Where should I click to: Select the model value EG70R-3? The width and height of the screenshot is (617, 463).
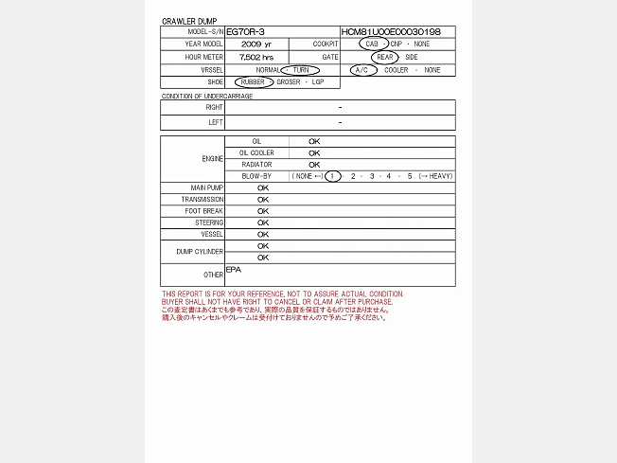[x=246, y=32]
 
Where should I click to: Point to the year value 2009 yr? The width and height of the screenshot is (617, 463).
[x=256, y=45]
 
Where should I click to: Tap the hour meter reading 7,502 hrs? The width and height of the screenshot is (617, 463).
[x=256, y=57]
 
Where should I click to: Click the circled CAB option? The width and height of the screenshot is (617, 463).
[x=374, y=45]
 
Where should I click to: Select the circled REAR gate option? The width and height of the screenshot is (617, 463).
[x=384, y=57]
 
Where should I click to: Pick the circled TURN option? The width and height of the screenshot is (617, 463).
[x=300, y=70]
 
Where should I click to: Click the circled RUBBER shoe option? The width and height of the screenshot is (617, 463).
[x=253, y=82]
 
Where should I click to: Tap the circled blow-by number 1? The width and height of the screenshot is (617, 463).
[x=332, y=176]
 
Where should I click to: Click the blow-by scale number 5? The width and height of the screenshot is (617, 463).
[x=410, y=176]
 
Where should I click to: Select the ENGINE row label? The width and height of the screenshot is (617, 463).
[x=213, y=158]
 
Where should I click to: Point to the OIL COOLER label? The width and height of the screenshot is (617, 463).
[x=256, y=152]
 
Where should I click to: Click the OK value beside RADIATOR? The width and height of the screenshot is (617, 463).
[x=314, y=165]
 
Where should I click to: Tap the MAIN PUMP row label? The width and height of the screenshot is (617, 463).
[x=207, y=187]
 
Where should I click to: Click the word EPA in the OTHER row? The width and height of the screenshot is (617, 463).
[x=234, y=270]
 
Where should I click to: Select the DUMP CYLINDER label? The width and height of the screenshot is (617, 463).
[x=200, y=252]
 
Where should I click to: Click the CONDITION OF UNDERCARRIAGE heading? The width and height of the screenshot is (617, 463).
[x=207, y=96]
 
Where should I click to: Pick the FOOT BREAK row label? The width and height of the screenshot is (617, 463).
[x=206, y=211]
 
